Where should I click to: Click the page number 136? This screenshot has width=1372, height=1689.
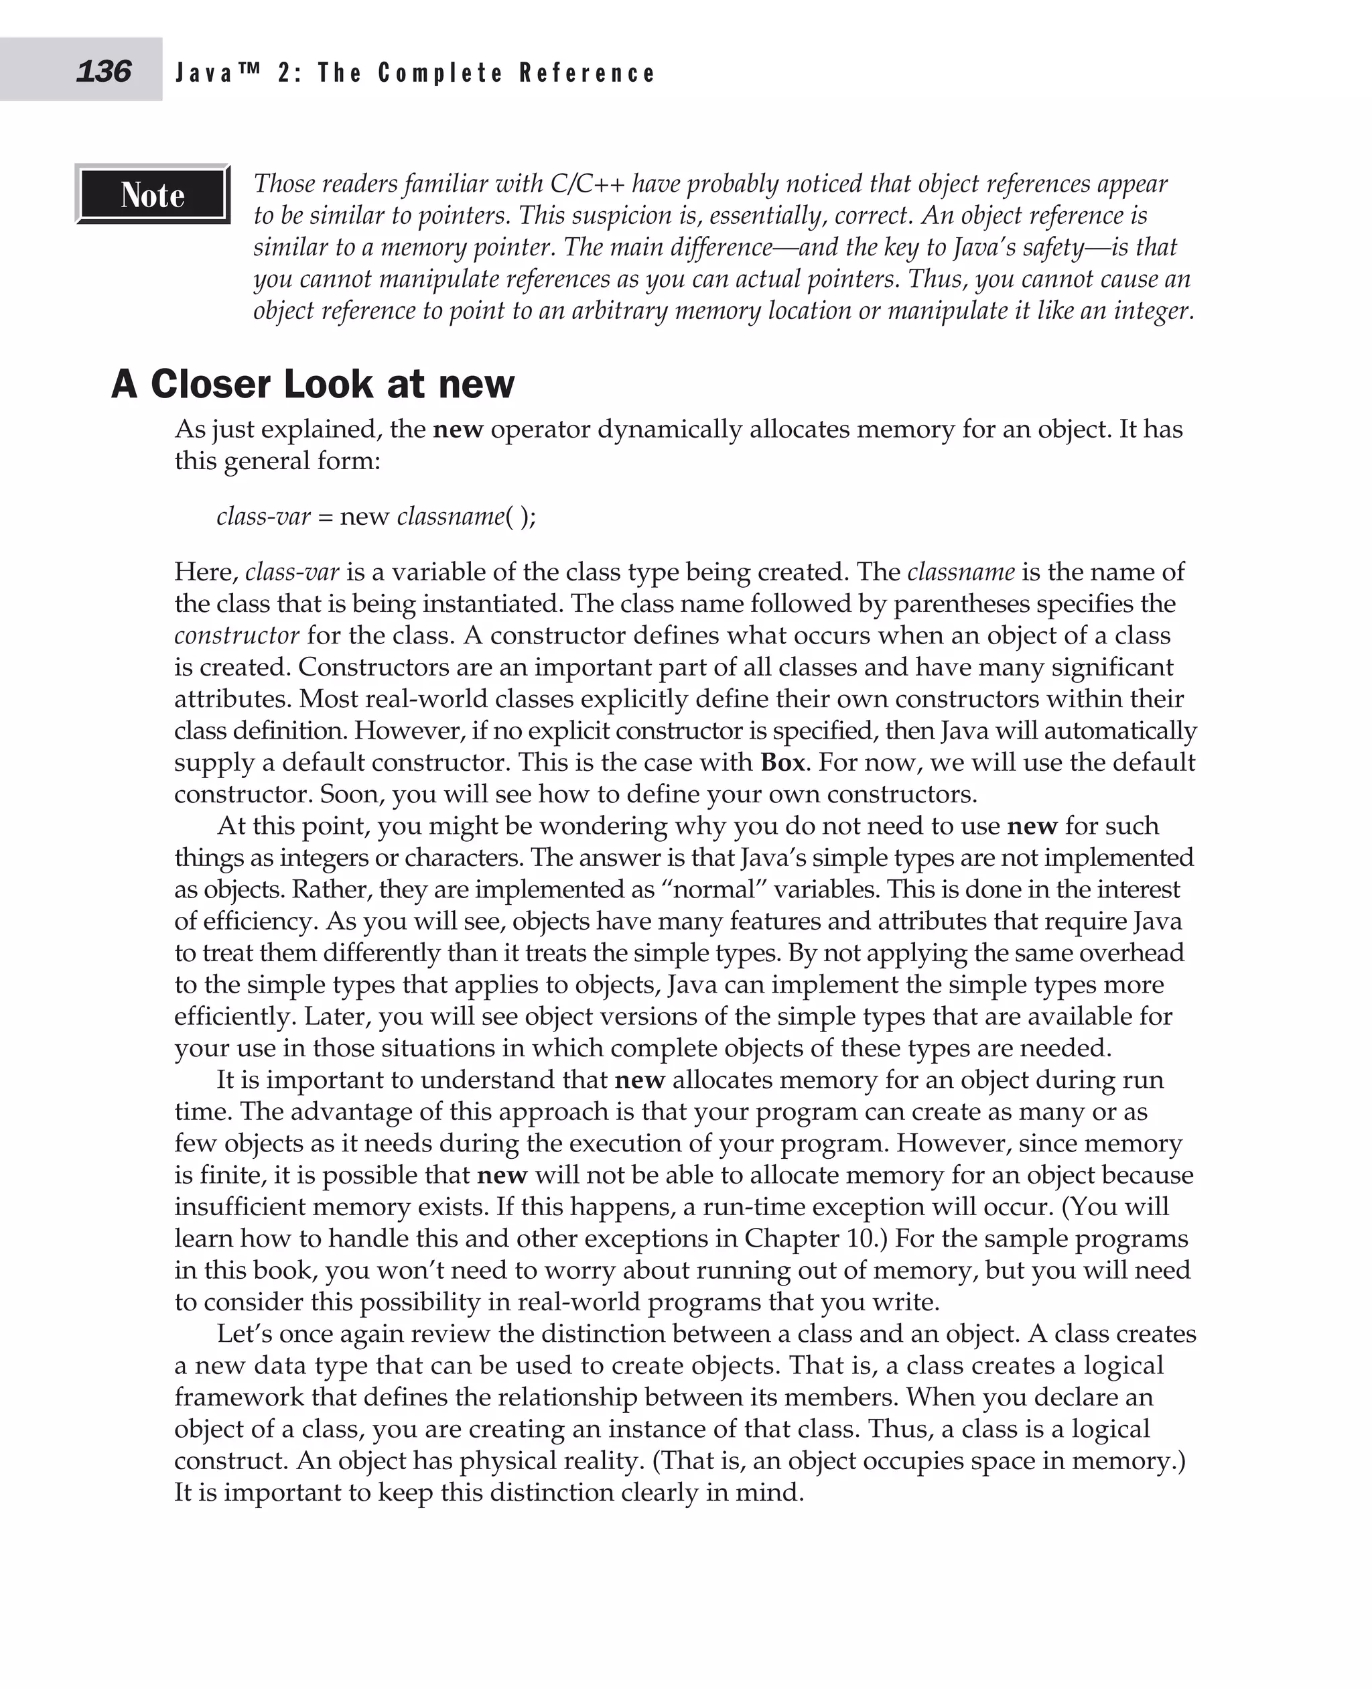pos(104,71)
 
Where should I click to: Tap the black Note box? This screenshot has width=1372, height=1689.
pos(153,194)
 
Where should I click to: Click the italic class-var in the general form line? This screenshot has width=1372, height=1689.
pos(263,516)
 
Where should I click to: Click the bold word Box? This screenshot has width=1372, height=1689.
pos(782,762)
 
